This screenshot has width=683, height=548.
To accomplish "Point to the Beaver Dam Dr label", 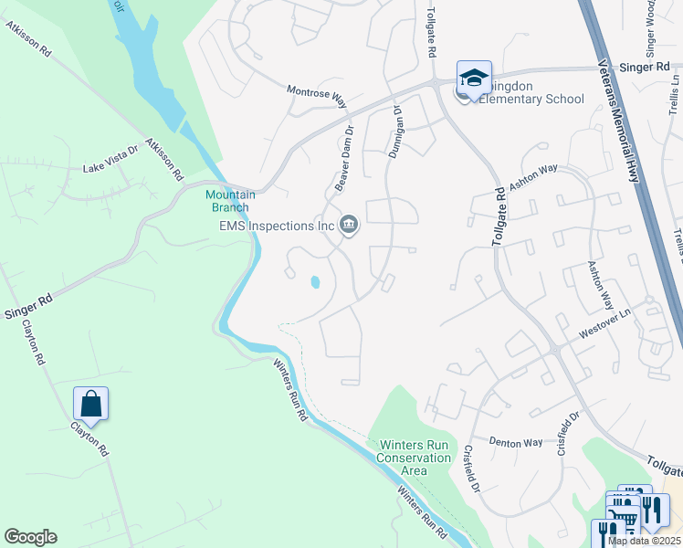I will point(343,163).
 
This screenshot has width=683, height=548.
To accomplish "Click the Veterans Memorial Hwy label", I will point(620,119).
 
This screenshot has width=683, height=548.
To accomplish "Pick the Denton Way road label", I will point(516,442).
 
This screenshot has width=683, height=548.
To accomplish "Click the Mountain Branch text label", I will point(230,201).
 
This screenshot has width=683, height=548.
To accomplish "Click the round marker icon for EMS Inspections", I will point(349,225).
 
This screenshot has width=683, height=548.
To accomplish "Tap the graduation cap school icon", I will point(475,79).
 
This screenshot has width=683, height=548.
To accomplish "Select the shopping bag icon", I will point(91,402).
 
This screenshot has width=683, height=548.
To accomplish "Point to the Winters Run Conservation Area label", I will point(415,451).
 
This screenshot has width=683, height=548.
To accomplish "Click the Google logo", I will point(30,537).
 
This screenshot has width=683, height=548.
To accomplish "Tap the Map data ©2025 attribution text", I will point(644,541).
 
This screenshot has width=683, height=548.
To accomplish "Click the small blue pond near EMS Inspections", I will point(315,283).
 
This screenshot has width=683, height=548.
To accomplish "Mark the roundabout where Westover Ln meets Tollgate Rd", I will point(553,350).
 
